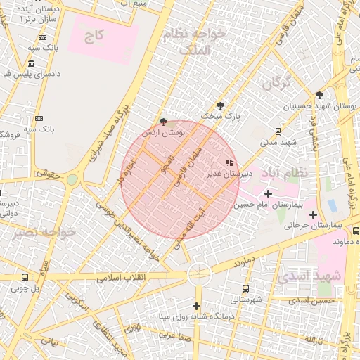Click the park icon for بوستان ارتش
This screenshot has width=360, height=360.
pos(164,121)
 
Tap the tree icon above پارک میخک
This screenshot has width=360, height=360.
pos(220,105)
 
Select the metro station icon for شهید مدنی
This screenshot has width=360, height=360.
pos(278,131)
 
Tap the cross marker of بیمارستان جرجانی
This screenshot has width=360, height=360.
pos(313,214)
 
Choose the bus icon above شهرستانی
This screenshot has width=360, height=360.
pos(245,288)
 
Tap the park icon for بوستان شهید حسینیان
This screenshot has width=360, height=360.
pos(319,95)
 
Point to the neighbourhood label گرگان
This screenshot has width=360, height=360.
pos(276,82)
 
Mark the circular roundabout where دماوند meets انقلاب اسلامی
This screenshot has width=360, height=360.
pos(199,273)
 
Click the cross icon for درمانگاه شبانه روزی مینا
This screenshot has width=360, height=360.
pos(196,306)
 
